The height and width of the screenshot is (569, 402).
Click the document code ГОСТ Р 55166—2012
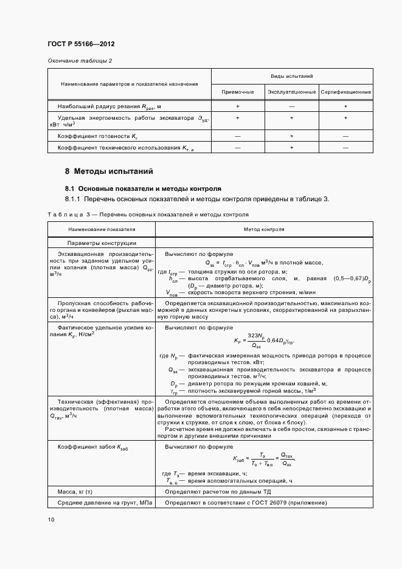(80, 44)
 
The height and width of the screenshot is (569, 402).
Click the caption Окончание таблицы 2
(80, 61)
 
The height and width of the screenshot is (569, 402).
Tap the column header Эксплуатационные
(291, 92)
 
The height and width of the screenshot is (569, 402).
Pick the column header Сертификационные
(345, 92)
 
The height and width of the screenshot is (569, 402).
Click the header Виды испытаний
(291, 77)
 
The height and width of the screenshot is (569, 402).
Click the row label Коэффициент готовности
(89, 136)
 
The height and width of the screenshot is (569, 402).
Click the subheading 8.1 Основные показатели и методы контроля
(142, 188)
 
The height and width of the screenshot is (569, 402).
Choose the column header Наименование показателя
(102, 230)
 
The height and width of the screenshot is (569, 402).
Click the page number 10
(51, 519)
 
